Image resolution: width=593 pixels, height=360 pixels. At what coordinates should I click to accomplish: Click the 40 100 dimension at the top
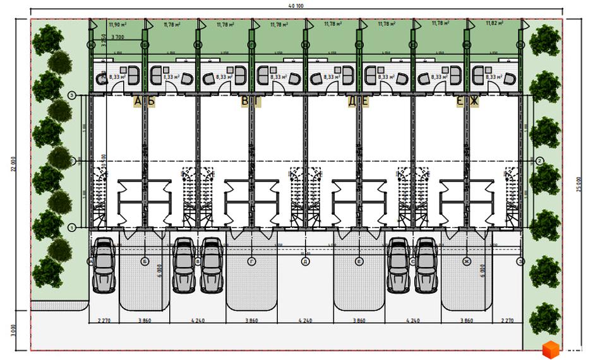tap(296, 6)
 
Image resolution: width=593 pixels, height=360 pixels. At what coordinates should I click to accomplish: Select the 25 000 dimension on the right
tap(579, 183)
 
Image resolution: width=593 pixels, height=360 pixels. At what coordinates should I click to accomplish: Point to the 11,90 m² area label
tap(117, 25)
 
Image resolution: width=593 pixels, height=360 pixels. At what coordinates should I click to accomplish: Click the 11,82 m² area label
tap(496, 23)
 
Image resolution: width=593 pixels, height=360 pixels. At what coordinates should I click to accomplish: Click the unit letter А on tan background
tap(138, 101)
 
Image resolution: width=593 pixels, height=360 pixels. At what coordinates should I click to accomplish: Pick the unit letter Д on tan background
tap(352, 101)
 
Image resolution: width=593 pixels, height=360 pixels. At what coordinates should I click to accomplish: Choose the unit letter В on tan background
tap(245, 101)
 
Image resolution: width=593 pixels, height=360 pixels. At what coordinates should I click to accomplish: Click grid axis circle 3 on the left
tap(72, 95)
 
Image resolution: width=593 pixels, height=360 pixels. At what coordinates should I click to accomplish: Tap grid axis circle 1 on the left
tap(72, 227)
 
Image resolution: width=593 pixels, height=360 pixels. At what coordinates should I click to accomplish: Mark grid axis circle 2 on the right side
tap(540, 161)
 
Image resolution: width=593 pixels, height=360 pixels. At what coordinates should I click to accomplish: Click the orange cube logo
tap(551, 348)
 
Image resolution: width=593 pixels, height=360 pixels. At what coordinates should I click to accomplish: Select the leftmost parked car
tap(103, 265)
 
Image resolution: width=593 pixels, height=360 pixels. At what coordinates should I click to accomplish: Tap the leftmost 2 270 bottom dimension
tap(105, 321)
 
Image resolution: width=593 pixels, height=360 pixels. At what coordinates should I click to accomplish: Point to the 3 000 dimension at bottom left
tap(14, 330)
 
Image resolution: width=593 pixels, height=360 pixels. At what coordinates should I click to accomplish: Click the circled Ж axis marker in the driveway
tap(467, 260)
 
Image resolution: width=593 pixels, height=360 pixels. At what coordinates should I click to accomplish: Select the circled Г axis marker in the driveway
tap(251, 260)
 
